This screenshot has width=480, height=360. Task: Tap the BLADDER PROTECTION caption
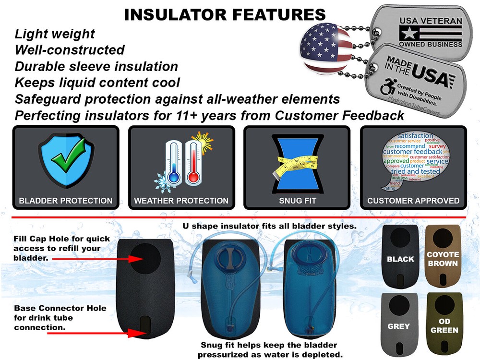65,201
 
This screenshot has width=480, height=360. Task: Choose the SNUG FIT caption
297,201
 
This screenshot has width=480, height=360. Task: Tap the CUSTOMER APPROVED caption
413,201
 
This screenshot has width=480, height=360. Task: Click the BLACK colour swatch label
400,259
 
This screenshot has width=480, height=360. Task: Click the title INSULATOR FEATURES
225,15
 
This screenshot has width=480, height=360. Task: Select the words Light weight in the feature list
55,34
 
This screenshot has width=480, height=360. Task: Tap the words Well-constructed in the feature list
70,50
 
